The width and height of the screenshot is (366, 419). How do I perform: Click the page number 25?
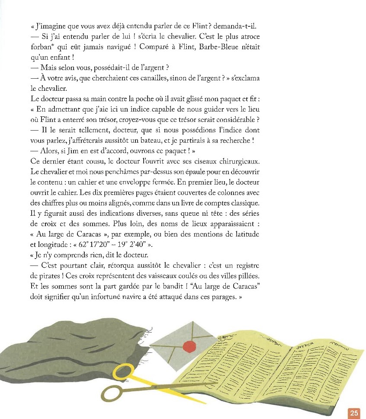(354, 413)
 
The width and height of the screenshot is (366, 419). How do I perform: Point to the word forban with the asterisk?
(44, 46)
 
